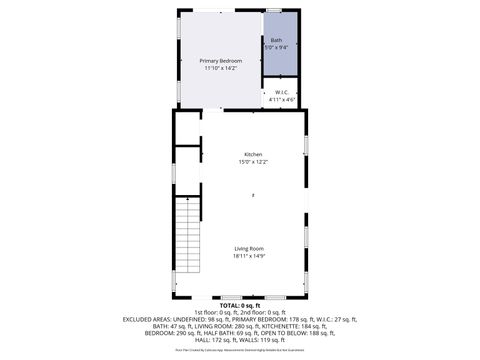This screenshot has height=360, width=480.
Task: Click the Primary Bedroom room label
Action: pyautogui.click(x=220, y=61)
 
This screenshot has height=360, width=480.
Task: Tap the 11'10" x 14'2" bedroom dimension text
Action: pyautogui.click(x=220, y=68)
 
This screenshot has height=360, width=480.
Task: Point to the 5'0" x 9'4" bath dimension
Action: pyautogui.click(x=277, y=47)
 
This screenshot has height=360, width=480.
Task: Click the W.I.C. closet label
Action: pyautogui.click(x=281, y=93)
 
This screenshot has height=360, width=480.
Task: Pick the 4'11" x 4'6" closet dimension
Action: pyautogui.click(x=281, y=100)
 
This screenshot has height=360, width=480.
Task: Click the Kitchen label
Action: pyautogui.click(x=253, y=154)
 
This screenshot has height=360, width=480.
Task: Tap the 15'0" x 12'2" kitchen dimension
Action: pyautogui.click(x=253, y=161)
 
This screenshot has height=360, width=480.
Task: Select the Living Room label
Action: pyautogui.click(x=249, y=248)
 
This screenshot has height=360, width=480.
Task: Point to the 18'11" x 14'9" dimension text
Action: pyautogui.click(x=249, y=255)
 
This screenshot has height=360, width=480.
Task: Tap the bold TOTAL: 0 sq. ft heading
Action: pyautogui.click(x=239, y=305)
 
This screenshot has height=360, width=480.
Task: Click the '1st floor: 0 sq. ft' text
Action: pyautogui.click(x=207, y=311)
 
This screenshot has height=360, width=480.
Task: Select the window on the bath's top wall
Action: pyautogui.click(x=273, y=10)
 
